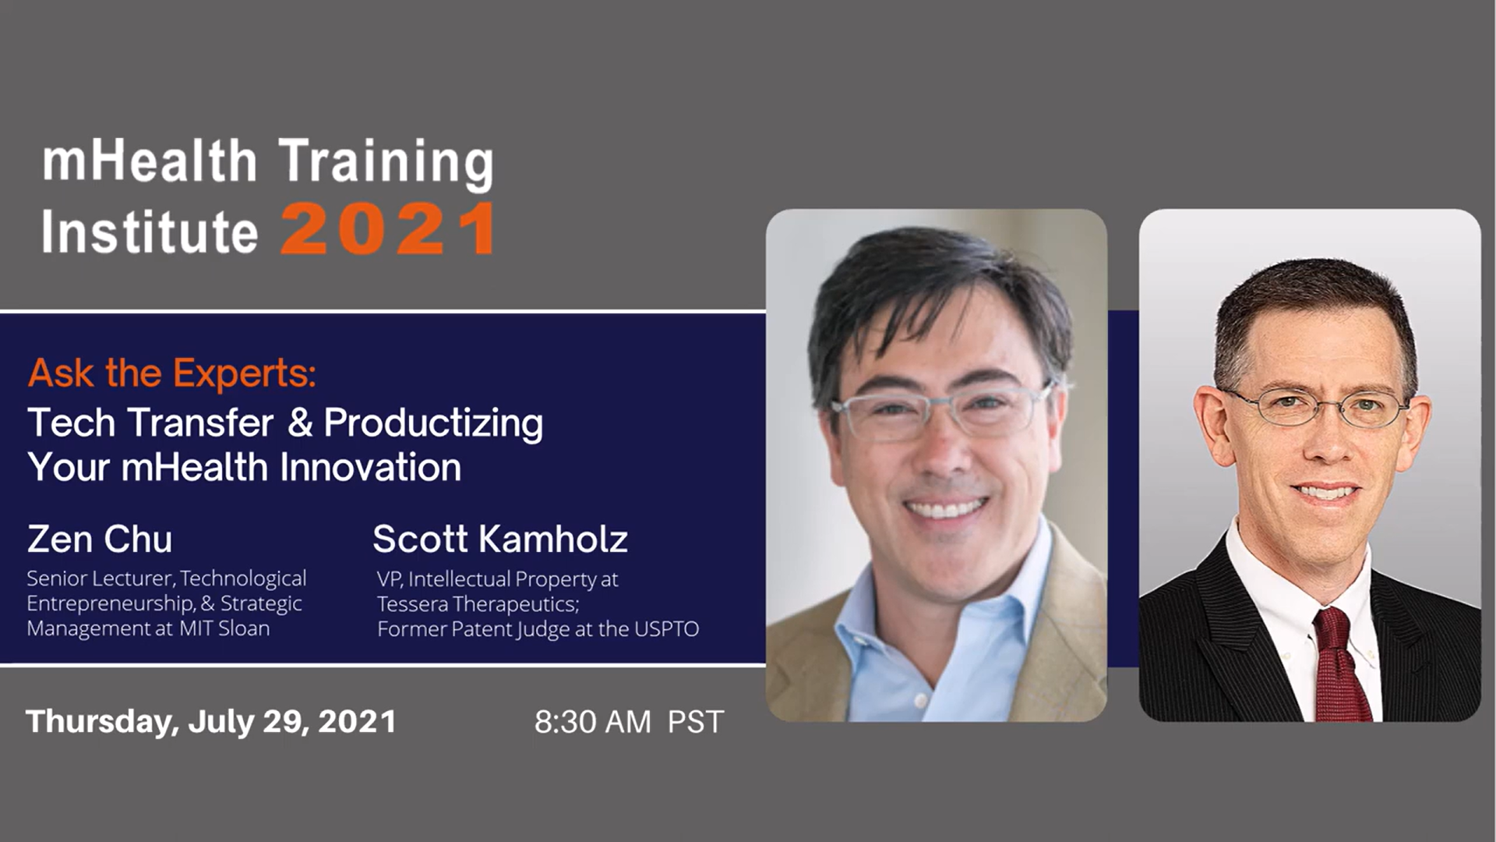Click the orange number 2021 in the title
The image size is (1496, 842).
pos(388,229)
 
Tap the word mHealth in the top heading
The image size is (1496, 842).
pos(150,161)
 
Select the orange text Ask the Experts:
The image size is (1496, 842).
pos(172,373)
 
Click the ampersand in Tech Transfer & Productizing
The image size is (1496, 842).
pos(299,423)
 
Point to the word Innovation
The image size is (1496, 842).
pos(370,467)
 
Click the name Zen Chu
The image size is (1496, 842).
pos(100,539)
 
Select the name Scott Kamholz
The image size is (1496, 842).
pos(500,539)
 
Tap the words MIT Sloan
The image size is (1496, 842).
pos(224,628)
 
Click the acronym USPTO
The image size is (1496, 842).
pos(666,629)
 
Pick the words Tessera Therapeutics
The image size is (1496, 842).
pos(478,604)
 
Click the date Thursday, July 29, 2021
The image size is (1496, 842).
pos(211,722)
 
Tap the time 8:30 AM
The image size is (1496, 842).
pos(593,722)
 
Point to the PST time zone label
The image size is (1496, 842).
pos(696,722)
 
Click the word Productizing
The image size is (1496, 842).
pos(433,424)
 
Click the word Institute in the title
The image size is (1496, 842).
pos(150,232)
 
